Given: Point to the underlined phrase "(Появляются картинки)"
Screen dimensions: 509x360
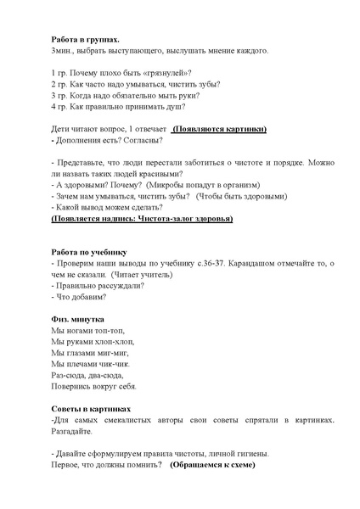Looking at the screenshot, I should (x=219, y=129).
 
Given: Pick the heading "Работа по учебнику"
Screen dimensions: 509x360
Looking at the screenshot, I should (x=87, y=251).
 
